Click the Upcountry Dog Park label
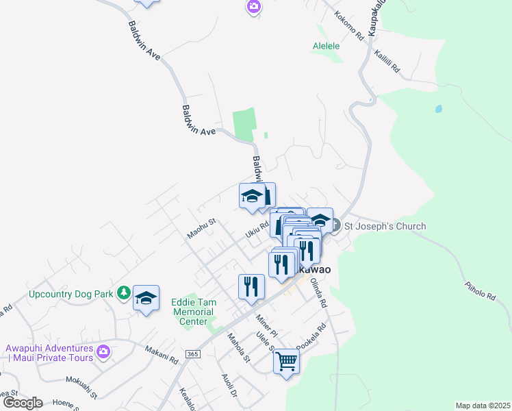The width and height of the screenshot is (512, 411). [71, 294]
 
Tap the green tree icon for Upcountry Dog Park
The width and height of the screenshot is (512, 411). [124, 293]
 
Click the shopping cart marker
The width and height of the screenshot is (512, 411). [287, 360]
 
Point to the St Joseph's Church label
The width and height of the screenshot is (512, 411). [384, 226]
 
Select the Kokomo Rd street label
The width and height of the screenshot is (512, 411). [349, 26]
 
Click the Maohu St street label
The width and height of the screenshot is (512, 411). [202, 229]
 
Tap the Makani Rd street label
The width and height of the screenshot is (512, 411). [162, 353]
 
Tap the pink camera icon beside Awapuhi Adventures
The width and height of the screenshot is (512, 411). [103, 352]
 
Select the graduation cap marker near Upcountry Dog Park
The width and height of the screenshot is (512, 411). [146, 298]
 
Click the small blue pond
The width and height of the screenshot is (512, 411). [438, 108]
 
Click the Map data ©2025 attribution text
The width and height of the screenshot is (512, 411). [483, 406]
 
